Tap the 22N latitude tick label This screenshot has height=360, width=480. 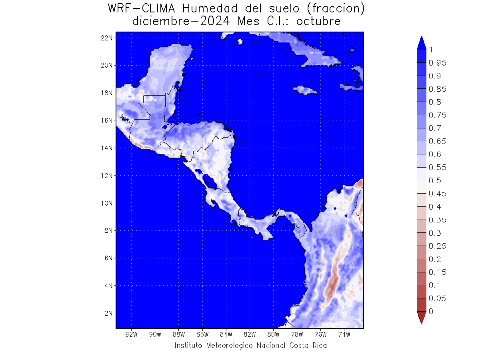106,38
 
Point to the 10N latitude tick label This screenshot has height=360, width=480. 106,203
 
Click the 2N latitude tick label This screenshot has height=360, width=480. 108,313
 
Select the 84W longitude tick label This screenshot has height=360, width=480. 226,334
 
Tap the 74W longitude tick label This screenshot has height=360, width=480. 344,334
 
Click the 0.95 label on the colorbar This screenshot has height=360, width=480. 437,63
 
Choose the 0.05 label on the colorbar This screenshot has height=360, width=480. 437,298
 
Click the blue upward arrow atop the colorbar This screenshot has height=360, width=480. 421,43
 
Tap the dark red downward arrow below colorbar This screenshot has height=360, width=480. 421,318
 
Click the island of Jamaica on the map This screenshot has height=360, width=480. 305,90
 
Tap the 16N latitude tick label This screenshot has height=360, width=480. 106,120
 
